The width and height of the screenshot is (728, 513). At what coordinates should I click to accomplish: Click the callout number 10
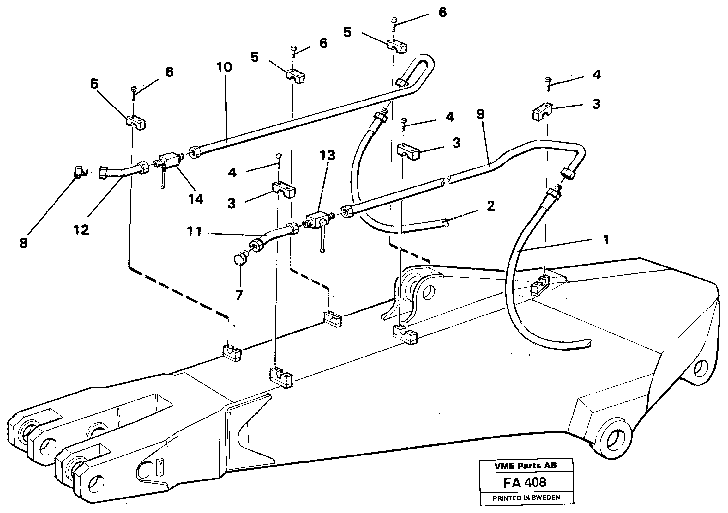coord(224,67)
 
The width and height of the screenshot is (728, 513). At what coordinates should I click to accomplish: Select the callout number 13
coord(327,156)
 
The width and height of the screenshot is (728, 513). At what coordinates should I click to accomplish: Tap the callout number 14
coord(196,199)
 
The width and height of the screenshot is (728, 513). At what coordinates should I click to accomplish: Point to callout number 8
coord(23,243)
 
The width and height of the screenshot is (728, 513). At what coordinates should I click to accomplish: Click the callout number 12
coord(81,230)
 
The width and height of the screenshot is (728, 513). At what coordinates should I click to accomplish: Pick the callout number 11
coord(194,232)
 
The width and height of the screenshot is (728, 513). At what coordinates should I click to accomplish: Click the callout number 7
coord(239,295)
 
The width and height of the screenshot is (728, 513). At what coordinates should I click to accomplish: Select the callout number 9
coord(480,114)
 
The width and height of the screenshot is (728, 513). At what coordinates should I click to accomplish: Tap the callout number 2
coord(491,206)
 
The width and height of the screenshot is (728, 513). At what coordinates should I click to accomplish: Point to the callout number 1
coord(605,240)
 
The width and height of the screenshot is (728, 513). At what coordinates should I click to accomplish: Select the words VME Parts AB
coord(525,465)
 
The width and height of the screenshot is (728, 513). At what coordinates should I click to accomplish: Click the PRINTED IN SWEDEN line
coord(526,498)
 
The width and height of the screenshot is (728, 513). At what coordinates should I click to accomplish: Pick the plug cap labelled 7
coord(239,259)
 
